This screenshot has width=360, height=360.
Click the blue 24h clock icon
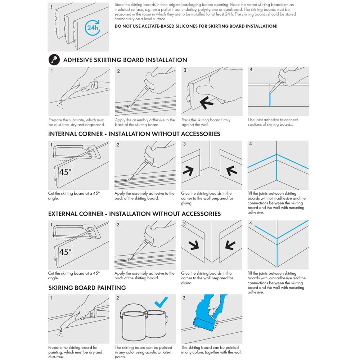pyautogui.click(x=93, y=28)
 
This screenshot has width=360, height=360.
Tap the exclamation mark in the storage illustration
pyautogui.click(x=51, y=7)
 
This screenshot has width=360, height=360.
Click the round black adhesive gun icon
pyautogui.click(x=54, y=60)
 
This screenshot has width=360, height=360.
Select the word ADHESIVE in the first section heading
pyautogui.click(x=79, y=60)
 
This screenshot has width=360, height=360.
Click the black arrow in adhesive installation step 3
pyautogui.click(x=206, y=102)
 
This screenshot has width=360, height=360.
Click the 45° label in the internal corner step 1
pyautogui.click(x=66, y=172)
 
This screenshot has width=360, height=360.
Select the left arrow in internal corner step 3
pyautogui.click(x=188, y=171)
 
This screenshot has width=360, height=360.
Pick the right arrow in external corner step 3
pyautogui.click(x=230, y=245)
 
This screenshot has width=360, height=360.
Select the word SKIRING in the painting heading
pyautogui.click(x=61, y=288)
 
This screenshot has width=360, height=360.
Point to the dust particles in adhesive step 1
pyautogui.click(x=60, y=104)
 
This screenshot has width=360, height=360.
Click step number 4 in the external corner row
pyautogui.click(x=251, y=223)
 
